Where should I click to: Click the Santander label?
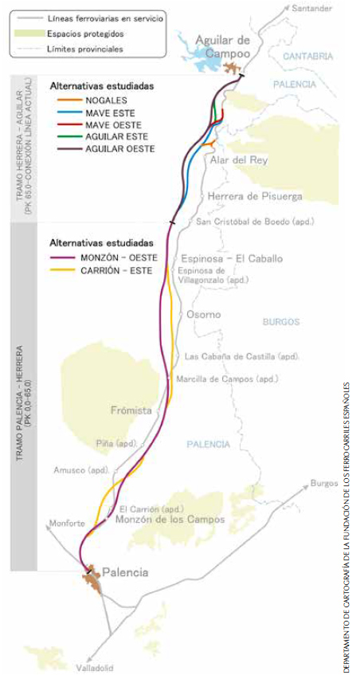(x=311, y=10)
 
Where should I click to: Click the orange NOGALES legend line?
(x=67, y=101)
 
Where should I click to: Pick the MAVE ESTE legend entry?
(x=101, y=113)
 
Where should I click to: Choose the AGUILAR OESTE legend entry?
(x=109, y=149)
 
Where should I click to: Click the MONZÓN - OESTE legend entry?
(x=118, y=257)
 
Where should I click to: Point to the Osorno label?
(x=204, y=315)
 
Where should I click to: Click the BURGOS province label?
(x=280, y=321)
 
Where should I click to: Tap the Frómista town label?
(x=131, y=410)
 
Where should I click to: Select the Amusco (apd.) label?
(x=81, y=470)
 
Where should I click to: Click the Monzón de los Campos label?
(x=170, y=520)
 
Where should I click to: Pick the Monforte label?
(x=67, y=523)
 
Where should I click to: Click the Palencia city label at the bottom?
(x=127, y=573)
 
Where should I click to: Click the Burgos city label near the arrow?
(x=324, y=483)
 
